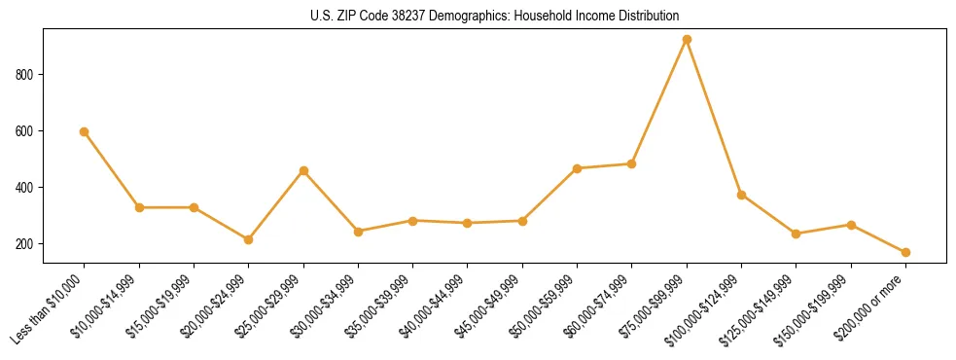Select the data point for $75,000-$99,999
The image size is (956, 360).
pos(687,40)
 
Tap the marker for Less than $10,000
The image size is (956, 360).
pos(85,131)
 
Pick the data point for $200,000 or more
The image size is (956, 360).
pos(905,252)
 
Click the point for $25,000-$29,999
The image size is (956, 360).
pos(303,171)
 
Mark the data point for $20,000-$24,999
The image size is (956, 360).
pos(249,239)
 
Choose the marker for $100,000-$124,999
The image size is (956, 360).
pos(741,195)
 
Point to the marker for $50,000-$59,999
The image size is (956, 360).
pos(577,168)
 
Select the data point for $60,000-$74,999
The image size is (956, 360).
pos(632,163)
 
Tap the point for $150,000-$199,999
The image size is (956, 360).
pos(851,225)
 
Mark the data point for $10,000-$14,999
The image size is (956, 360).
pos(139,207)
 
